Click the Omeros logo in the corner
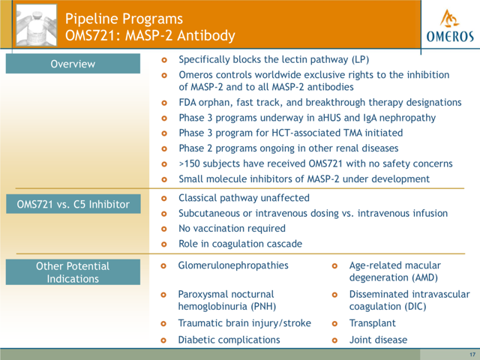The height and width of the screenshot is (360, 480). tap(450, 25)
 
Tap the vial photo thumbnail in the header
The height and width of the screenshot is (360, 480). tap(37, 25)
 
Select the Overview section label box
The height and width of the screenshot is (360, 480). tap(73, 64)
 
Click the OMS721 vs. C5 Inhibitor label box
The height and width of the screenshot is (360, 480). tap(73, 204)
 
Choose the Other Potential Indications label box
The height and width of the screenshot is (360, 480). tap(73, 272)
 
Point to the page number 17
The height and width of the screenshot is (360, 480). tap(472, 355)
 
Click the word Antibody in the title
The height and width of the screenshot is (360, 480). tap(206, 35)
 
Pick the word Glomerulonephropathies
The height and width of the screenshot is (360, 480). tap(233, 265)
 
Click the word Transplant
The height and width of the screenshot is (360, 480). tap(373, 323)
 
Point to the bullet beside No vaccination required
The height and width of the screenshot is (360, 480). tap(164, 229)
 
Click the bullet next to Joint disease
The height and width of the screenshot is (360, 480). tap(334, 340)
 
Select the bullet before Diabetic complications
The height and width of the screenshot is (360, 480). tap(163, 340)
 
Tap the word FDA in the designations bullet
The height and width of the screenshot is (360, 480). tap(187, 103)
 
